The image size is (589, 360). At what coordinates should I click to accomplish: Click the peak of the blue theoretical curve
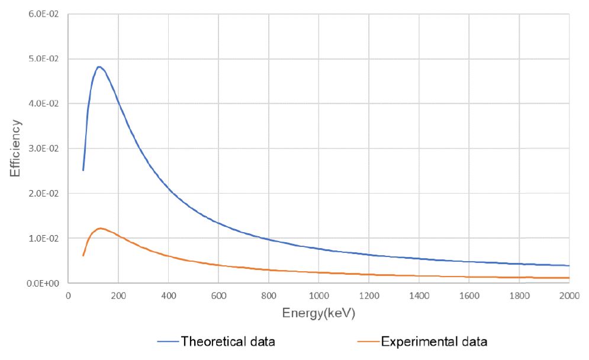click(99, 67)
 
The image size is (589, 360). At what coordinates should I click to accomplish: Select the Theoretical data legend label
click(228, 341)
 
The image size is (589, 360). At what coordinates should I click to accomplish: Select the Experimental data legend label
click(434, 341)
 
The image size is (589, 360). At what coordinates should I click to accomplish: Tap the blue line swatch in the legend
click(168, 342)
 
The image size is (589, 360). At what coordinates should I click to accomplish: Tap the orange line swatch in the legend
click(369, 342)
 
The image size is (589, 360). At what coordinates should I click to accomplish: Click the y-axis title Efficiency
click(16, 148)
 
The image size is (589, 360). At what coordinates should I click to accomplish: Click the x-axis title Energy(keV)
click(318, 314)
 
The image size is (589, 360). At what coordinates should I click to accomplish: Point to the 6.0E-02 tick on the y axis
click(46, 14)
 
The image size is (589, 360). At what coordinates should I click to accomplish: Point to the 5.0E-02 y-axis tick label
click(46, 59)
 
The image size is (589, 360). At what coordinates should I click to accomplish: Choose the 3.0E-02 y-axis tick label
click(46, 149)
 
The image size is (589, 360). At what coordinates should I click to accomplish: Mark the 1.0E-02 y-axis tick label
click(46, 239)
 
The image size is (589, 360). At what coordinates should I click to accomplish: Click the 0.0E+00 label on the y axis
click(46, 284)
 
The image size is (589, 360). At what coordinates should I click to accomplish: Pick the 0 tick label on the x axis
click(68, 295)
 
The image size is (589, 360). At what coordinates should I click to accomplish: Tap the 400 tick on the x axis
click(168, 295)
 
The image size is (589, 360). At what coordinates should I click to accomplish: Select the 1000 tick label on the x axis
click(318, 295)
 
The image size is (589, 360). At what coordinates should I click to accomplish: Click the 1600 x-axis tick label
click(469, 295)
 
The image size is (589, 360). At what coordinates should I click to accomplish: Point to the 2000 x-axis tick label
click(569, 295)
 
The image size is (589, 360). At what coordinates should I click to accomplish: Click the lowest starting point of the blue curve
click(83, 170)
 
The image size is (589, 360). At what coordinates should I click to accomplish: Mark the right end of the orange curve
click(569, 278)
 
